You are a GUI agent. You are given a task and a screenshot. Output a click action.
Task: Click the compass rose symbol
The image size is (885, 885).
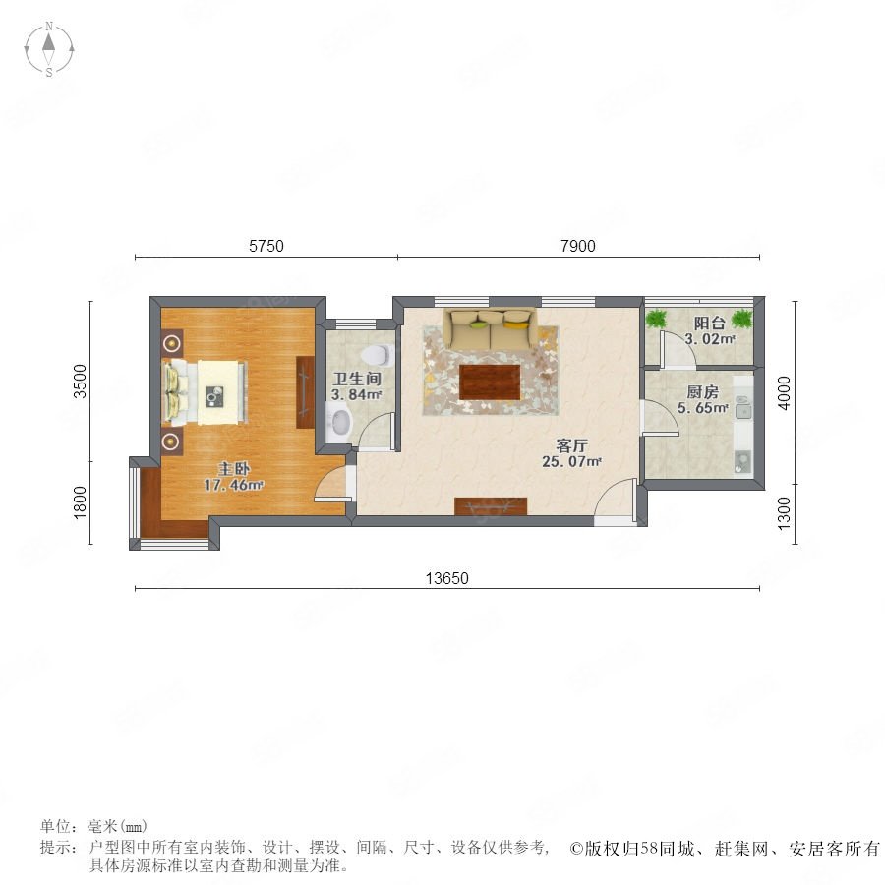[x=49, y=49]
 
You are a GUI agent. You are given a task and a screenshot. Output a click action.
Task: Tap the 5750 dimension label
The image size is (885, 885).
[x=266, y=246]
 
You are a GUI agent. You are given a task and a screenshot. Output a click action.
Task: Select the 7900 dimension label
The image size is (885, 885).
[x=578, y=246]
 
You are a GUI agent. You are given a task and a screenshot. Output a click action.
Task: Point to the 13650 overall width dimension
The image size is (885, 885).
[x=447, y=578]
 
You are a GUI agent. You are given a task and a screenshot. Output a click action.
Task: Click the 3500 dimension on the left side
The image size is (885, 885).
[x=81, y=382]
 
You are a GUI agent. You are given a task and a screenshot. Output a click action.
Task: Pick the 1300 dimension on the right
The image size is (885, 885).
[x=785, y=513]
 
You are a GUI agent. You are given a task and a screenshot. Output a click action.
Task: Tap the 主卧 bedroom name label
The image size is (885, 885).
[x=234, y=468]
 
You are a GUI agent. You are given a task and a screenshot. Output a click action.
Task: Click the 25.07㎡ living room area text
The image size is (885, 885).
[x=571, y=462]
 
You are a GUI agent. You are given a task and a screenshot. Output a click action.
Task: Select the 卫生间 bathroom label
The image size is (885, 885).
[x=356, y=379]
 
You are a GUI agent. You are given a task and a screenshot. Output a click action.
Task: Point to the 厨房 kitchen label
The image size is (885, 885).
[x=703, y=391]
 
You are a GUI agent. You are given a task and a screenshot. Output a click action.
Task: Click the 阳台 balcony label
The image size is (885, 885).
[x=709, y=324]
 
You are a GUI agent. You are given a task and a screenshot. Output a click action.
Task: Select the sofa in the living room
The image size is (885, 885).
[x=490, y=328]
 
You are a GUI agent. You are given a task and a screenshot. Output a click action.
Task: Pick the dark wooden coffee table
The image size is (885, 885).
[x=490, y=383]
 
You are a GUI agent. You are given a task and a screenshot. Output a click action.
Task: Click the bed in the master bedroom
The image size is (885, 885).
[x=205, y=391]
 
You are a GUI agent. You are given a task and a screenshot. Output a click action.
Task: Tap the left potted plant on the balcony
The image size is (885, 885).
[x=656, y=319]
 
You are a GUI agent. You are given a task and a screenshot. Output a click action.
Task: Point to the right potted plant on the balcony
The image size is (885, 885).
[x=742, y=319]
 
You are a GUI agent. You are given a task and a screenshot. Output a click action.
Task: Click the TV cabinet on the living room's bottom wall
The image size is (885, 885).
[x=491, y=506]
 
